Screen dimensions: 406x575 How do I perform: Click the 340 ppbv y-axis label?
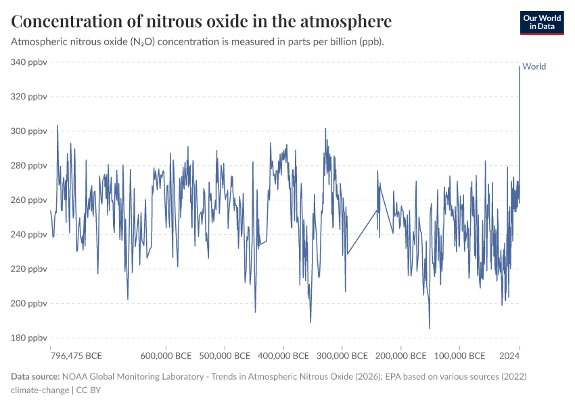(x=28, y=62)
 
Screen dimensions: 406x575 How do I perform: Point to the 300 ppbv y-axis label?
(x=28, y=131)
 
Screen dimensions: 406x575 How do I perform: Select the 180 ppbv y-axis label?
(x=28, y=338)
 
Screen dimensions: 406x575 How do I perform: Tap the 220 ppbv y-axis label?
(x=28, y=269)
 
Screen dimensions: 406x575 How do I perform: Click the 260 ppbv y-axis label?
(x=28, y=200)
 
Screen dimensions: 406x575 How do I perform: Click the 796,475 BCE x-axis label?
(x=76, y=355)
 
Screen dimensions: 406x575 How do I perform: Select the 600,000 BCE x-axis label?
(x=167, y=355)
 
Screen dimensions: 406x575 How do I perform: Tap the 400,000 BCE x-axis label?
(x=284, y=355)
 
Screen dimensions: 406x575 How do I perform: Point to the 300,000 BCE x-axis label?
(x=343, y=355)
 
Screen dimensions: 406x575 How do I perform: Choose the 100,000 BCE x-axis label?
(x=460, y=355)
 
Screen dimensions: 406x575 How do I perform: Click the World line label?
(x=534, y=66)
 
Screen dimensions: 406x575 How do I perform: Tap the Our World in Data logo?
(x=541, y=22)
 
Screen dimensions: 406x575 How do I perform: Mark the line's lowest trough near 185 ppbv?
(x=430, y=328)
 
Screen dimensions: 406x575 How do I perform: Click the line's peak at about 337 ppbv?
(x=520, y=67)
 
